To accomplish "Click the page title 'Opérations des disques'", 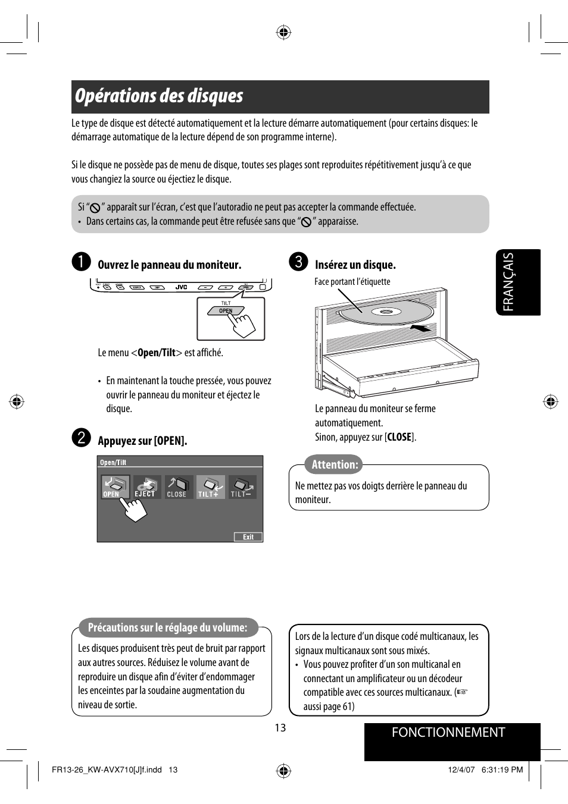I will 159,96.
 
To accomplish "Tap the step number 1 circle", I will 81,262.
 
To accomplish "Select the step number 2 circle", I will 81,438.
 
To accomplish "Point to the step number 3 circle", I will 298,262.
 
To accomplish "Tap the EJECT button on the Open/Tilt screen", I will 146,486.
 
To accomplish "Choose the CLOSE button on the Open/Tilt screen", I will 178,486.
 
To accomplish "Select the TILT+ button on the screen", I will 210,486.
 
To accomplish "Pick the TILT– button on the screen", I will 242,486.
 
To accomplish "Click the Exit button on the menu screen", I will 248,537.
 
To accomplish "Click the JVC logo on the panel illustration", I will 181,287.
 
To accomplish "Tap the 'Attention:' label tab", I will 335,465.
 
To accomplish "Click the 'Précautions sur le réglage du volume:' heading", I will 167,628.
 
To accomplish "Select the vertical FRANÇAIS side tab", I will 517,282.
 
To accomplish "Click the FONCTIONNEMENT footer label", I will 448,733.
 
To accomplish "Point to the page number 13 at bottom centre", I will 280,728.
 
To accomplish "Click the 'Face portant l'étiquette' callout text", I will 352,282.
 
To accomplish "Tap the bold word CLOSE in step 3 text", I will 399,437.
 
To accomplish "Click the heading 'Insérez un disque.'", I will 355,265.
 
